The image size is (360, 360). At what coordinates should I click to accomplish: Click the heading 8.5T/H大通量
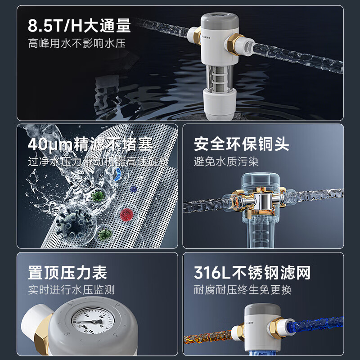coord(79,26)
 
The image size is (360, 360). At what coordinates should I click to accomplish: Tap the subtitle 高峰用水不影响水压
coord(76,44)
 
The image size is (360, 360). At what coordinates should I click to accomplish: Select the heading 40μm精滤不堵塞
coord(90,145)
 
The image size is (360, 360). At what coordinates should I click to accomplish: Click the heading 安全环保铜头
coord(242,144)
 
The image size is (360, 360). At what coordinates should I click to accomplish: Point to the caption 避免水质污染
coord(226,162)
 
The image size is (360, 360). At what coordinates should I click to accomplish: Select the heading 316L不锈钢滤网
coord(252,273)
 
